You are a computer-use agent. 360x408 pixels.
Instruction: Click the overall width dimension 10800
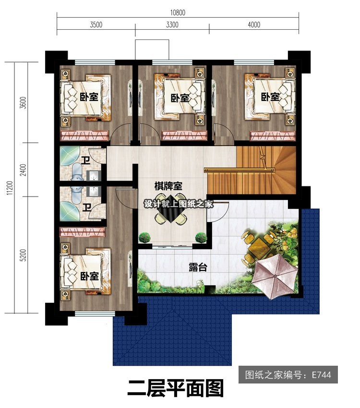pos(178,12)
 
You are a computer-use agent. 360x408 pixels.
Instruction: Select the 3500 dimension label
pos(96,25)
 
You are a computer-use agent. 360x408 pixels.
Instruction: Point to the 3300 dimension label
pos(172,25)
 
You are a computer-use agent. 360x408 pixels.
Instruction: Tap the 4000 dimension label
pos(254,25)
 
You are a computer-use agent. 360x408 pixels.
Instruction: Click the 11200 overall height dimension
pos(10,188)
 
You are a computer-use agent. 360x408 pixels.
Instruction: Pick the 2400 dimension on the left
pos(23,170)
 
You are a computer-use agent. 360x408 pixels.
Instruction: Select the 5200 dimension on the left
pos(23,255)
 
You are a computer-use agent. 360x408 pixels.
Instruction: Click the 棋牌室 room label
pos(168,186)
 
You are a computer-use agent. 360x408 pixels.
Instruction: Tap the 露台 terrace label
pos(198,267)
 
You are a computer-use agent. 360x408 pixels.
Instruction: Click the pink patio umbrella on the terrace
pos(275,276)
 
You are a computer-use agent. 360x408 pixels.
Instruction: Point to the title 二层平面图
pos(176,388)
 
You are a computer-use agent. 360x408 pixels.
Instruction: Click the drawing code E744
pos(322,375)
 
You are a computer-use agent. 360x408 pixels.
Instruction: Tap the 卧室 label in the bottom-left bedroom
pos(89,276)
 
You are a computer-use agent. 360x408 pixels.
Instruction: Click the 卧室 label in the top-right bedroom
pos(270,97)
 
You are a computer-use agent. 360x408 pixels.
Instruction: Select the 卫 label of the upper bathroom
pos(85,161)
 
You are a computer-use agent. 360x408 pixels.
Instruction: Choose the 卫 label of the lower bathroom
pos(86,208)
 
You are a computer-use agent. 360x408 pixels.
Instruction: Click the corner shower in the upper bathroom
pos(69,156)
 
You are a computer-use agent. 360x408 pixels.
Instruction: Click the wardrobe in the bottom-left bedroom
pos(83,232)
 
